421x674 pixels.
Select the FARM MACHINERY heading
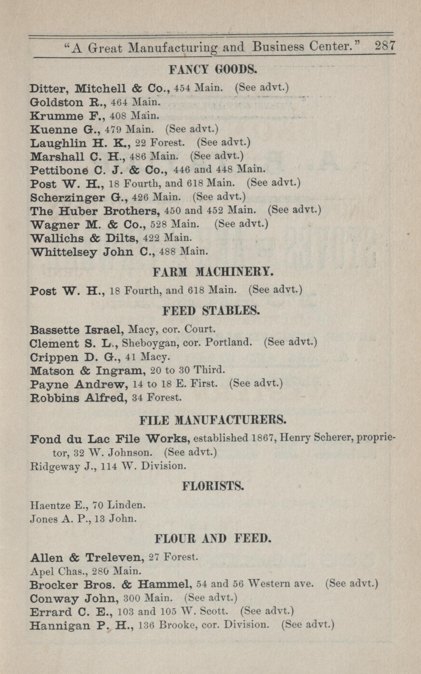(213, 272)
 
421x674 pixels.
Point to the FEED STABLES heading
(211, 311)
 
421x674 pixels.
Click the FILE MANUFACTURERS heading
(213, 421)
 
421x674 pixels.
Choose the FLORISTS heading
(213, 486)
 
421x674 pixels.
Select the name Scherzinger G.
(79, 198)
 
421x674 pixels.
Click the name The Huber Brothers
(95, 211)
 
